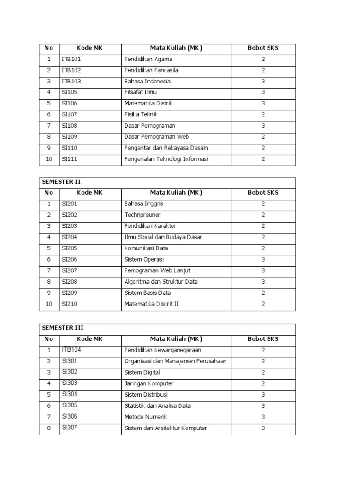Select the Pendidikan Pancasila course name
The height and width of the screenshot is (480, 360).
[x=151, y=70]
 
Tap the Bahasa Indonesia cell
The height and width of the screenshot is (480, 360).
[x=147, y=81]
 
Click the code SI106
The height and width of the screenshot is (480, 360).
[x=69, y=103]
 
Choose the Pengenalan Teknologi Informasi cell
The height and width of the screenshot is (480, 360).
[x=166, y=159]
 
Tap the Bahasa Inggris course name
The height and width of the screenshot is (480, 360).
[x=144, y=204]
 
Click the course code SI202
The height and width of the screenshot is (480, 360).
[x=69, y=215]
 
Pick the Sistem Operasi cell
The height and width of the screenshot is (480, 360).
[x=144, y=259]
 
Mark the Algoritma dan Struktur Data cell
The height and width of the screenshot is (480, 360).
[x=161, y=282]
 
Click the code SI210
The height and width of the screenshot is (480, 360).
[x=69, y=304]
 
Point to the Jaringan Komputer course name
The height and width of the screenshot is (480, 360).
[x=149, y=383]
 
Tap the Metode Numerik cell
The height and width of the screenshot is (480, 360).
[x=146, y=417]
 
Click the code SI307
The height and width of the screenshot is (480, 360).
[x=69, y=427]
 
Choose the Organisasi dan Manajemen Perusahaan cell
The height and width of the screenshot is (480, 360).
[x=175, y=361]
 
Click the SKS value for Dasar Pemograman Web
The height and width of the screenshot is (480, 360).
[x=263, y=137]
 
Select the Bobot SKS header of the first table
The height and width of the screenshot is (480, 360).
[x=263, y=48]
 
